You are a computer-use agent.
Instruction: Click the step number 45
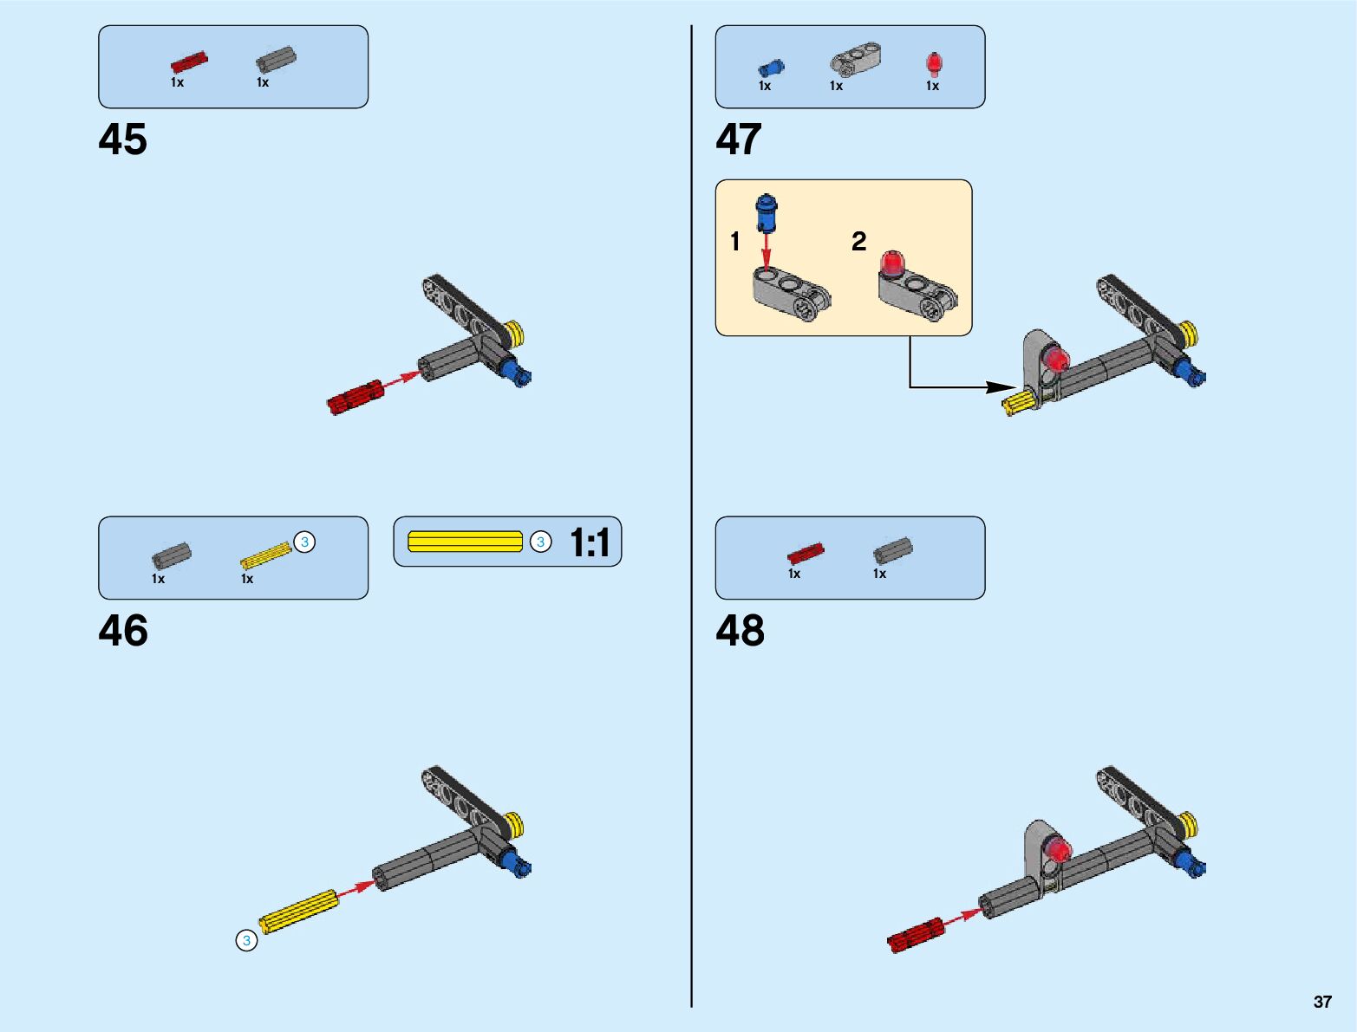pyautogui.click(x=123, y=140)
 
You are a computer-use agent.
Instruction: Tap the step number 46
pyautogui.click(x=123, y=631)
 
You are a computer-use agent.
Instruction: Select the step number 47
pyautogui.click(x=739, y=140)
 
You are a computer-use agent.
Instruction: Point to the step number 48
pyautogui.click(x=740, y=631)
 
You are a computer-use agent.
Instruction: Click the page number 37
pyautogui.click(x=1322, y=1002)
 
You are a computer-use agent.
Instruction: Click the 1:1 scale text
pyautogui.click(x=590, y=543)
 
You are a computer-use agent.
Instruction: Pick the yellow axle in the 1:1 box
pyautogui.click(x=465, y=542)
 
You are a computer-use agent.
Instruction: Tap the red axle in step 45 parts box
pyautogui.click(x=189, y=62)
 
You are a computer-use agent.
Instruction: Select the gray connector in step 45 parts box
pyautogui.click(x=276, y=59)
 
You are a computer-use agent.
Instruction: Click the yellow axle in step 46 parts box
pyautogui.click(x=265, y=555)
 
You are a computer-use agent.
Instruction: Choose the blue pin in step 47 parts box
pyautogui.click(x=770, y=68)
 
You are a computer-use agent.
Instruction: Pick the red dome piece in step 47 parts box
pyautogui.click(x=933, y=64)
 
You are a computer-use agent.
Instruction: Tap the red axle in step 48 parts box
pyautogui.click(x=806, y=553)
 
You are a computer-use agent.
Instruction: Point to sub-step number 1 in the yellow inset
pyautogui.click(x=735, y=242)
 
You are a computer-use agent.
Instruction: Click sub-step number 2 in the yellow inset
pyautogui.click(x=858, y=241)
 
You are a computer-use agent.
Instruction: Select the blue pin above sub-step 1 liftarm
pyautogui.click(x=767, y=212)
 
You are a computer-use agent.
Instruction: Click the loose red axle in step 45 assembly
pyautogui.click(x=355, y=397)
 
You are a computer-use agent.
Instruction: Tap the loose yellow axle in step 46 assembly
pyautogui.click(x=298, y=911)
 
